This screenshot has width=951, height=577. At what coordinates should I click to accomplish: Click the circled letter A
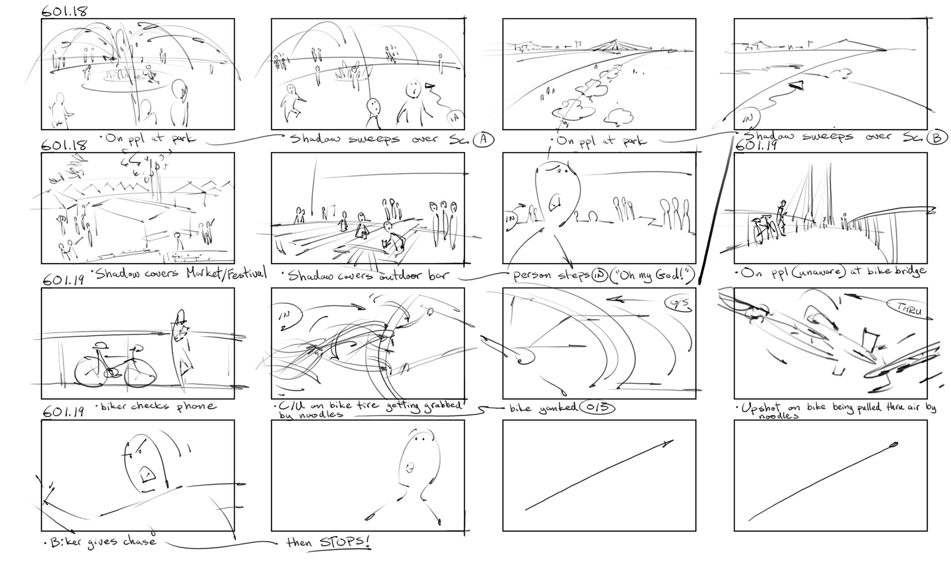coord(483,140)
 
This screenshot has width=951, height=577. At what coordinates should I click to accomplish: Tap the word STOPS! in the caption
coord(345,542)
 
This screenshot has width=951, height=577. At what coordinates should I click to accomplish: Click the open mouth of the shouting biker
coord(147,475)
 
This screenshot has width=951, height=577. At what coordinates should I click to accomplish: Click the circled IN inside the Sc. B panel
coord(749,119)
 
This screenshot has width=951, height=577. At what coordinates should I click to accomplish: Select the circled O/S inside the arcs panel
coord(678,304)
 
